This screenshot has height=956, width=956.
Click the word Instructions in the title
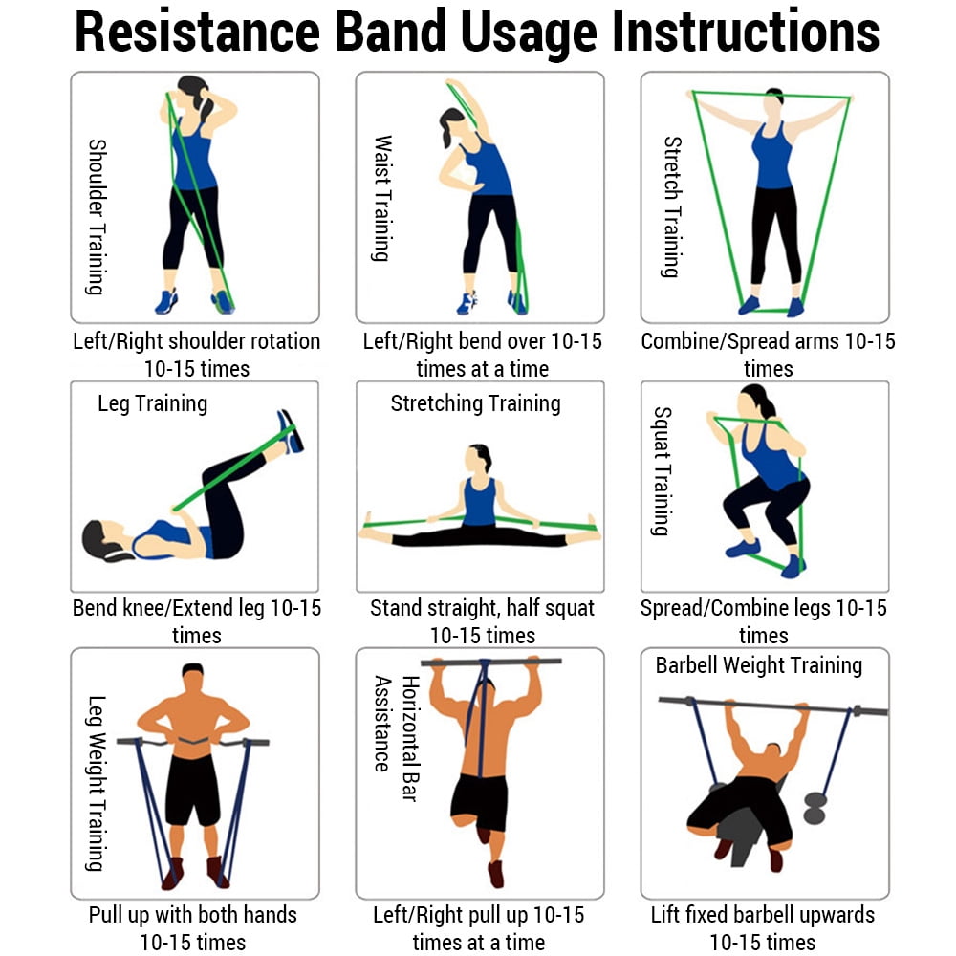[745, 33]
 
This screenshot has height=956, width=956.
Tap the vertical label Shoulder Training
[97, 217]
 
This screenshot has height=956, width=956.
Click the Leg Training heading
[152, 403]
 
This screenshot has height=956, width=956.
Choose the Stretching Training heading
[475, 403]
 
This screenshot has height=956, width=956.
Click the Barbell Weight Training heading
[758, 665]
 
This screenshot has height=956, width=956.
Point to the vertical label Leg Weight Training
[95, 784]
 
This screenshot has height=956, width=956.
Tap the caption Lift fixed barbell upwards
[762, 915]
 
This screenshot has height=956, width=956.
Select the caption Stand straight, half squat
[482, 608]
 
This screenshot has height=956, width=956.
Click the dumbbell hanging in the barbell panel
[814, 807]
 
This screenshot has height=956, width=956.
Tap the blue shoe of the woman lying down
[289, 430]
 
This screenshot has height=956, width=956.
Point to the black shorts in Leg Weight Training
[193, 790]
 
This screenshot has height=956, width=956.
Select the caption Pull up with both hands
[192, 915]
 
